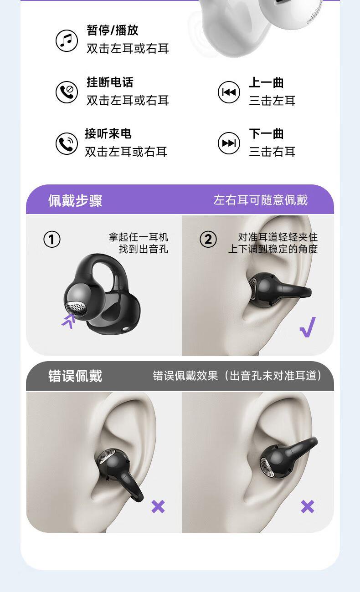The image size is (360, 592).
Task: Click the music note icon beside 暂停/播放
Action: click(x=67, y=41)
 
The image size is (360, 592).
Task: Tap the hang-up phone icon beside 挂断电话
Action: click(x=67, y=92)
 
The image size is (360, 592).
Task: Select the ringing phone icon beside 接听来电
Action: click(x=67, y=143)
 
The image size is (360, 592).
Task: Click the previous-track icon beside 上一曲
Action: click(x=229, y=92)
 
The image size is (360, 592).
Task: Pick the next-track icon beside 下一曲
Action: click(x=229, y=143)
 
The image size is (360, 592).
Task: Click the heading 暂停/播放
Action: click(x=113, y=30)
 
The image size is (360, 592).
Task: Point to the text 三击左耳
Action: click(x=272, y=101)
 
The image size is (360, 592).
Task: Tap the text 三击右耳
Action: click(x=272, y=152)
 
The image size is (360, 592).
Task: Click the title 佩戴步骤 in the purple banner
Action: click(x=75, y=200)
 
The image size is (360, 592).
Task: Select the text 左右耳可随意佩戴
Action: click(x=261, y=200)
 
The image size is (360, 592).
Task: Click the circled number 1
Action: click(x=52, y=239)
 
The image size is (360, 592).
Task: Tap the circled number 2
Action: click(x=208, y=239)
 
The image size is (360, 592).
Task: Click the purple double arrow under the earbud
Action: click(x=69, y=321)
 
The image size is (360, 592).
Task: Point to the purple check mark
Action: click(x=308, y=327)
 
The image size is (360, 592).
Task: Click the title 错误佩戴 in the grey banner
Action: click(x=75, y=376)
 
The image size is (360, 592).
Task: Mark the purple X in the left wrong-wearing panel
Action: click(x=158, y=506)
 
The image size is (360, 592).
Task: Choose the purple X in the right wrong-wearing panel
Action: click(x=308, y=506)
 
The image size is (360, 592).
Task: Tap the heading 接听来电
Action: click(x=108, y=133)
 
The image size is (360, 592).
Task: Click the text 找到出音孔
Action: click(x=144, y=249)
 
